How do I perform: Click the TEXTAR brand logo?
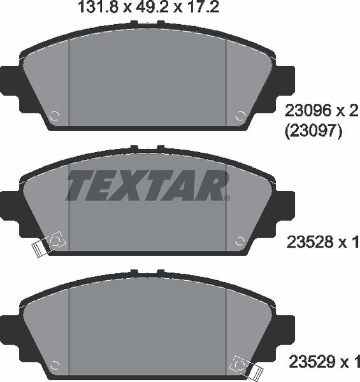pos(147,185)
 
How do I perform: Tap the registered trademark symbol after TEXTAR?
pos(227,197)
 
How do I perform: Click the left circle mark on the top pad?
pos(55,117)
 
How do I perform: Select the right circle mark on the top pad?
pos(240,117)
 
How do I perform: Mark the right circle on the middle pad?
pos(240,240)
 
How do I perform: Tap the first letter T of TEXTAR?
pos(80,185)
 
